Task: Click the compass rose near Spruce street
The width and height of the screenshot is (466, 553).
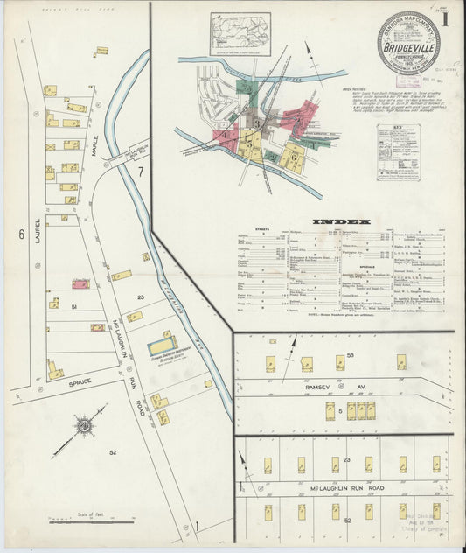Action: (85, 426)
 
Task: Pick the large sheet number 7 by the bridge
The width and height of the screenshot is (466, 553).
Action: (139, 171)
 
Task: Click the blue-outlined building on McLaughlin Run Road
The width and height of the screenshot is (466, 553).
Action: (161, 345)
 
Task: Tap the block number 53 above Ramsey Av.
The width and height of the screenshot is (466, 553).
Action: (350, 355)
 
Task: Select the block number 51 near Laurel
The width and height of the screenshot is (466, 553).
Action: (75, 307)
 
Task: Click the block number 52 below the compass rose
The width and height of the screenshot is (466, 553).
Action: (113, 452)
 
